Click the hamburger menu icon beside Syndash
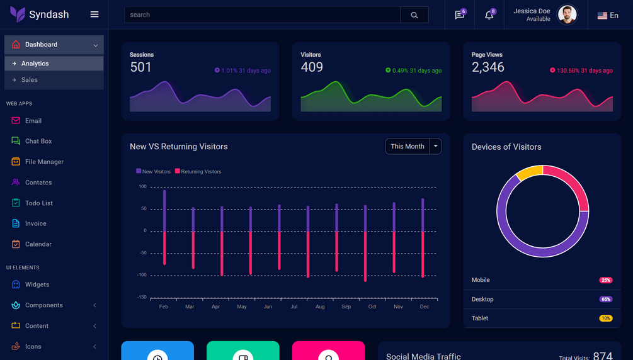coord(94,14)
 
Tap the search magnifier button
coord(414,15)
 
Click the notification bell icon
coord(489,15)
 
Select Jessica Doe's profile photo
coord(567,14)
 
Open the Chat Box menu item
coord(38,141)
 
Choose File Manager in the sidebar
coord(44,162)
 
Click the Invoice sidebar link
coord(35,223)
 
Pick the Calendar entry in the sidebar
coord(38,244)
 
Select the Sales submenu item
coord(29,80)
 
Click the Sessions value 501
coord(140,67)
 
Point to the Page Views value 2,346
coord(488,67)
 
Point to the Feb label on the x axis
coord(164,307)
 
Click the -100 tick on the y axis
coord(142,275)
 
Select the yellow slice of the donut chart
coord(529,172)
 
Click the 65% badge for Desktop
coord(605,300)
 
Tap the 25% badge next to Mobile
coord(605,280)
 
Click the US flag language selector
coord(607,16)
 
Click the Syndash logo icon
coord(18,14)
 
